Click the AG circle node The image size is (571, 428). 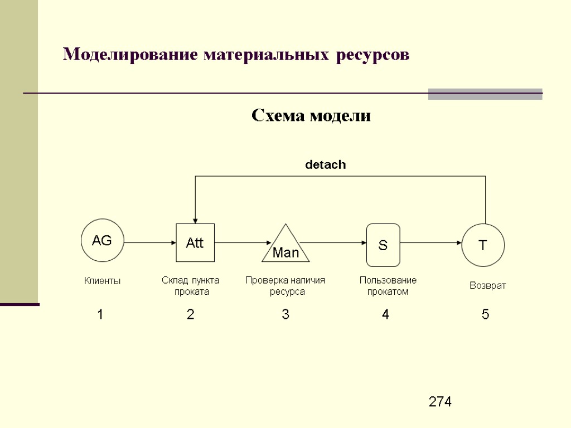pyautogui.click(x=102, y=241)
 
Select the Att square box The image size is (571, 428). pyautogui.click(x=195, y=243)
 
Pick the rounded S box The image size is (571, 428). pyautogui.click(x=383, y=245)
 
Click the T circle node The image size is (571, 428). pyautogui.click(x=483, y=244)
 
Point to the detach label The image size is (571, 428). pyautogui.click(x=325, y=165)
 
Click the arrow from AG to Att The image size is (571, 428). pyautogui.click(x=150, y=243)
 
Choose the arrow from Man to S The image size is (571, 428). pyautogui.click(x=333, y=243)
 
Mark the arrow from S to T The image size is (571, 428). pyautogui.click(x=431, y=243)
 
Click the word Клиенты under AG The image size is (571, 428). pyautogui.click(x=102, y=281)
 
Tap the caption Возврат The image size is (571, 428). pyautogui.click(x=488, y=286)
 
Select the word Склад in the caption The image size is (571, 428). pyautogui.click(x=172, y=280)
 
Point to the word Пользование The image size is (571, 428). pyautogui.click(x=388, y=280)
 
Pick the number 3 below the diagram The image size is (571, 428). pyautogui.click(x=285, y=315)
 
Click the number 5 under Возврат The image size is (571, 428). pyautogui.click(x=486, y=315)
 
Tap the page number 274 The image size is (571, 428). pyautogui.click(x=441, y=402)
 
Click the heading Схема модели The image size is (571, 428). pyautogui.click(x=311, y=116)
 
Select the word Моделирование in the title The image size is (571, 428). pyautogui.click(x=130, y=55)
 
